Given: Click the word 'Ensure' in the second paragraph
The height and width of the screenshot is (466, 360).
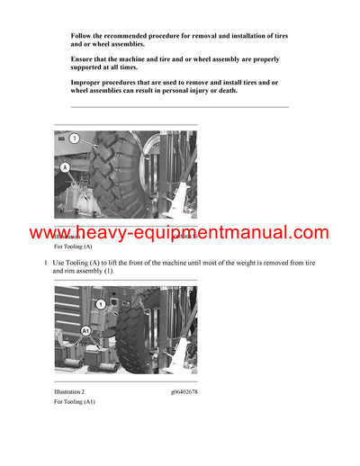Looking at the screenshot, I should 84,58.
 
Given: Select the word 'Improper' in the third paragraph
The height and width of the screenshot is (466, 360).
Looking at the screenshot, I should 88,82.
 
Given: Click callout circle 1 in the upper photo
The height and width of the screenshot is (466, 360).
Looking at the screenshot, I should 75,139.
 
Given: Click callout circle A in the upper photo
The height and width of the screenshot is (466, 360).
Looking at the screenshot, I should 65,167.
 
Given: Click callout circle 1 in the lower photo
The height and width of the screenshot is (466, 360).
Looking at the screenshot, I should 102,305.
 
